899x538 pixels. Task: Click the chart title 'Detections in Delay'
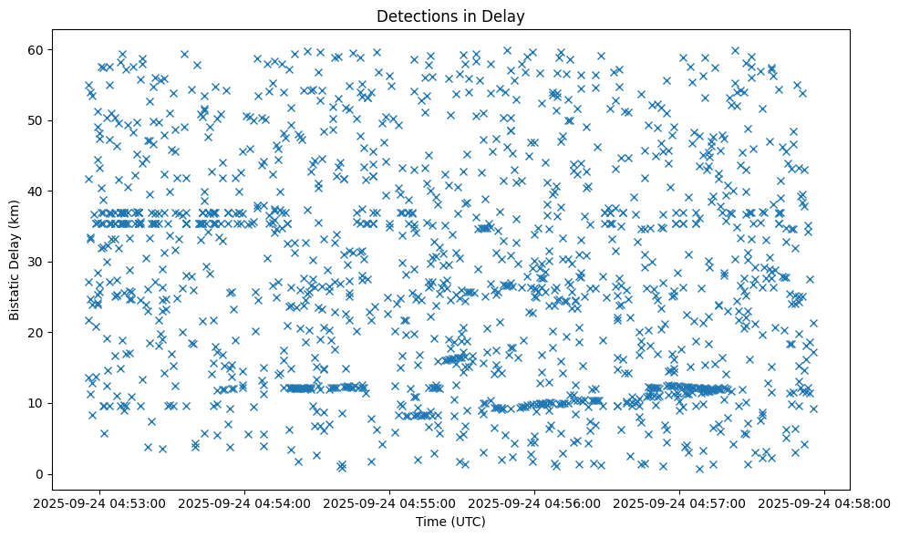tap(450, 16)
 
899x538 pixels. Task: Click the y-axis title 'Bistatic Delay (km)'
tap(15, 259)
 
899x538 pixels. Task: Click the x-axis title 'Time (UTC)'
tap(450, 522)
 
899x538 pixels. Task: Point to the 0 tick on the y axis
tap(38, 474)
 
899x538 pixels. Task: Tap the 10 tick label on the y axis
tap(35, 403)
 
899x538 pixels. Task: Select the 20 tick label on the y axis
tap(35, 333)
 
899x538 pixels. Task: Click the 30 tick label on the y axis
tap(35, 262)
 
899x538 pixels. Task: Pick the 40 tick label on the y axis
tap(35, 191)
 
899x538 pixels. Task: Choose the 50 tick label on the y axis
tap(35, 120)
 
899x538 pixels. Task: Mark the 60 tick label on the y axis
tap(35, 49)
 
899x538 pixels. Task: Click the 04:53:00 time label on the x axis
tap(101, 502)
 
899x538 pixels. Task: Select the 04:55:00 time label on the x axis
tap(390, 502)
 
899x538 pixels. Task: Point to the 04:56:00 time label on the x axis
tap(535, 502)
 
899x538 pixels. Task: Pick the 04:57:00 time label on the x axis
tap(680, 502)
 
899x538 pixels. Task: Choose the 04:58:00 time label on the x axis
tap(825, 502)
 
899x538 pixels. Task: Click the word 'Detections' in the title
tap(414, 16)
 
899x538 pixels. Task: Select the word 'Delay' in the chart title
tap(507, 16)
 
